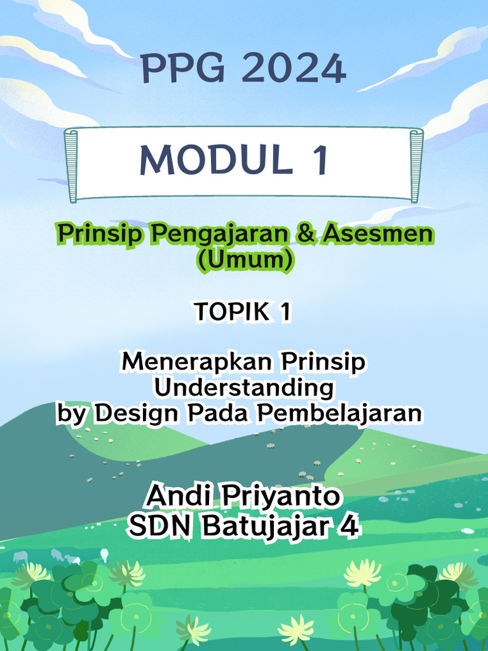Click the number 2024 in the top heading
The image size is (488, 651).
click(294, 69)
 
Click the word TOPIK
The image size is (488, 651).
click(227, 312)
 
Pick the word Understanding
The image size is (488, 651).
click(245, 388)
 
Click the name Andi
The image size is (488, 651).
click(177, 496)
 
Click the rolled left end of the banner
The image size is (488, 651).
click(71, 166)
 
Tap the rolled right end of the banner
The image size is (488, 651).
click(416, 166)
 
